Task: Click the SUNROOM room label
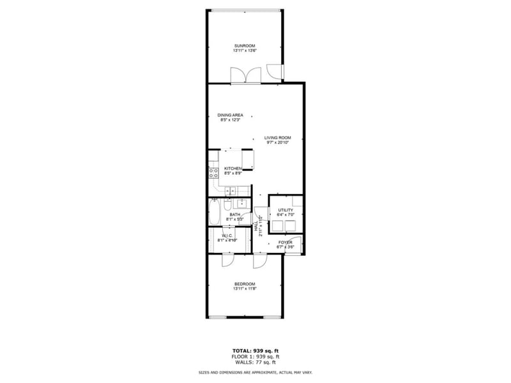[245, 46]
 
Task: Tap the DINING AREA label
[230, 115]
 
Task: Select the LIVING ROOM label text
[278, 137]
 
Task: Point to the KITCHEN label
[233, 169]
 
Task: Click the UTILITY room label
[285, 209]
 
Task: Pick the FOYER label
[285, 243]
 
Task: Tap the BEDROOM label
[244, 284]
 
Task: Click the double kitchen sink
[231, 190]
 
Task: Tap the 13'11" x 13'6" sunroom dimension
[245, 51]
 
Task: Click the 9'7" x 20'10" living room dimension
[278, 142]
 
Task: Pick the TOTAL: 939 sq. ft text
[255, 351]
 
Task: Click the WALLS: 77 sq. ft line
[255, 362]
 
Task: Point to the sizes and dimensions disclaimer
[255, 372]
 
